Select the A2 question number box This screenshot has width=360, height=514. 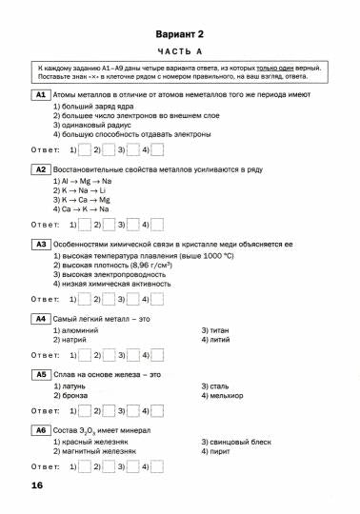[40, 170]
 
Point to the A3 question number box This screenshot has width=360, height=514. [40, 245]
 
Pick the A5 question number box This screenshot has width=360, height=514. [40, 375]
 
